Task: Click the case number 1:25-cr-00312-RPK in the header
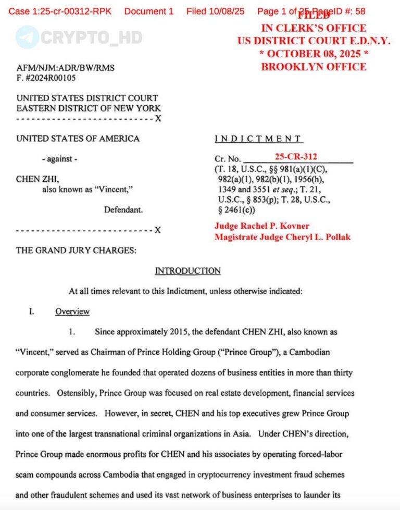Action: click(x=60, y=11)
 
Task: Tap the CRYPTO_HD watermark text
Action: click(x=91, y=37)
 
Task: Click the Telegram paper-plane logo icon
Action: click(x=27, y=37)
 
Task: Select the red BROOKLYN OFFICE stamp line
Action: click(x=314, y=67)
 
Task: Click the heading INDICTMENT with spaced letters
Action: click(x=258, y=139)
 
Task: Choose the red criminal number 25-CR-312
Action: click(x=296, y=156)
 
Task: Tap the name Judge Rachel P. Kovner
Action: click(x=262, y=226)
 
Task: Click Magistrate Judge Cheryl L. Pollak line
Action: click(x=282, y=237)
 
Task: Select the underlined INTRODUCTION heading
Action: click(x=187, y=271)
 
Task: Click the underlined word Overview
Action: click(x=72, y=312)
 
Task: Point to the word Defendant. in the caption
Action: click(x=123, y=210)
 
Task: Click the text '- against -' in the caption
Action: click(x=59, y=159)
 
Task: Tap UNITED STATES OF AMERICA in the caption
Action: click(x=78, y=139)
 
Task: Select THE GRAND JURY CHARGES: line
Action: click(x=76, y=251)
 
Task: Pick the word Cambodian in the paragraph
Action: click(x=310, y=352)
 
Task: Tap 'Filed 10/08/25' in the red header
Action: click(x=215, y=11)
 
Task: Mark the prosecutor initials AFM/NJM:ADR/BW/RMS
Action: click(x=66, y=68)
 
